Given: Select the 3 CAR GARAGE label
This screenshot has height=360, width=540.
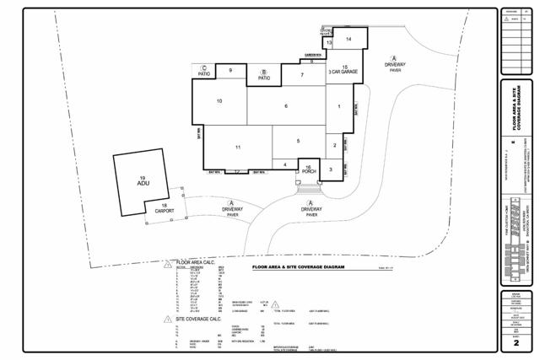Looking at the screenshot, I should click(x=343, y=73).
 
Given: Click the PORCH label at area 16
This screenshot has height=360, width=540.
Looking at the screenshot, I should click(x=309, y=171).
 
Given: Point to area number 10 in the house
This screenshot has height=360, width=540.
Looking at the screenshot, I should click(x=219, y=101).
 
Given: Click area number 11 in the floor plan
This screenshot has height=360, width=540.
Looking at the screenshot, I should click(x=239, y=148).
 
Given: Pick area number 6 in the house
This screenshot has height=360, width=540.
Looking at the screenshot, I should click(x=286, y=105).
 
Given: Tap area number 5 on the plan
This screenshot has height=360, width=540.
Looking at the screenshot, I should click(x=298, y=141).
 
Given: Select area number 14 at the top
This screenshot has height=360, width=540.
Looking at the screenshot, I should click(x=348, y=39).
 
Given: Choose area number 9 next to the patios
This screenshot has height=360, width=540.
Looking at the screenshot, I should click(x=230, y=71).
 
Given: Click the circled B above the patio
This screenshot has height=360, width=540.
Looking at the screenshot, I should click(x=264, y=73).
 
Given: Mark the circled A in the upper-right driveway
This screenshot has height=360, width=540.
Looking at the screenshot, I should click(x=394, y=57).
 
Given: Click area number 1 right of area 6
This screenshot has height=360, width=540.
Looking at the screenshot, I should click(x=338, y=107).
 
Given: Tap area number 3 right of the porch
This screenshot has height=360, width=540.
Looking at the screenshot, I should click(x=331, y=169).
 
